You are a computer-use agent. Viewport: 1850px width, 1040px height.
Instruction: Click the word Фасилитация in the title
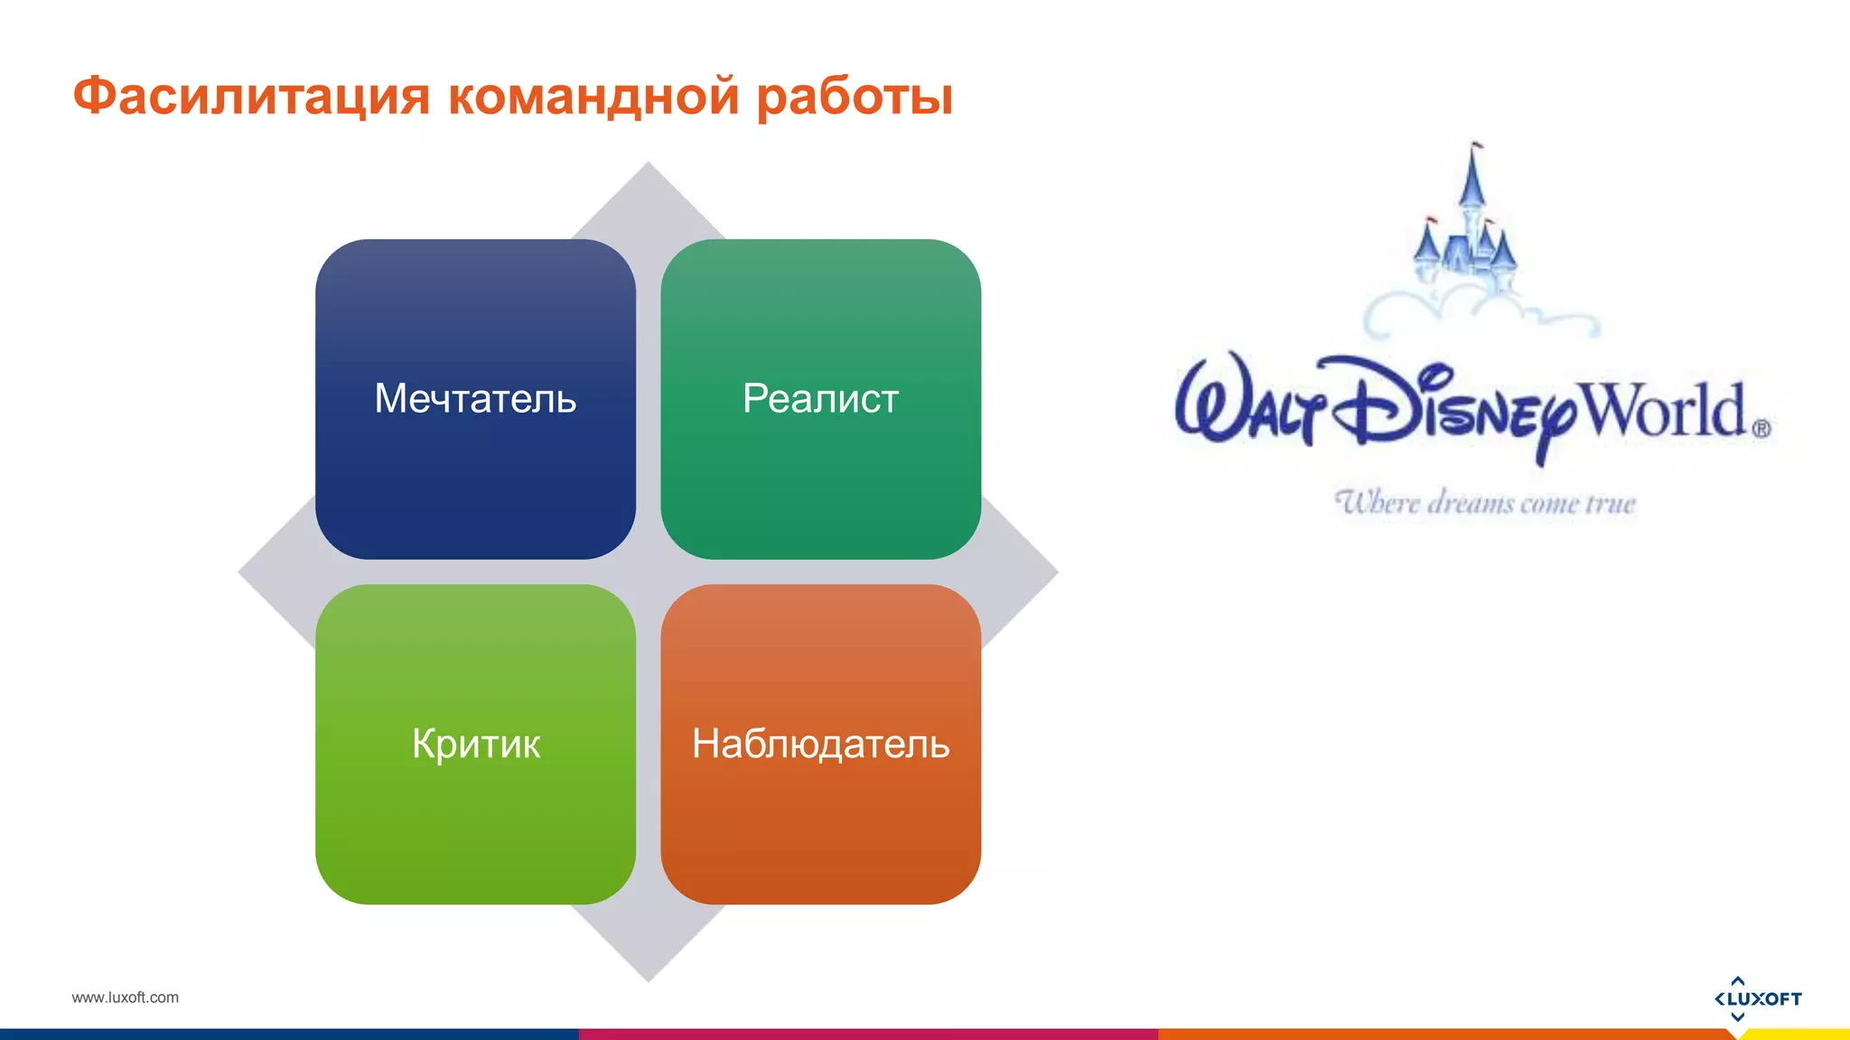click(x=250, y=96)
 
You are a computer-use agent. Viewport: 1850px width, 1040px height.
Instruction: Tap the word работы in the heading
click(x=854, y=97)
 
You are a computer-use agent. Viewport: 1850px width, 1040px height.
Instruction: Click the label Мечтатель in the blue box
click(x=475, y=398)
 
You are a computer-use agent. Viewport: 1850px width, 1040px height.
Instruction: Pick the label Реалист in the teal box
click(x=820, y=398)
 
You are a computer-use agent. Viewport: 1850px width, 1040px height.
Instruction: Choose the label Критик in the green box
click(x=475, y=744)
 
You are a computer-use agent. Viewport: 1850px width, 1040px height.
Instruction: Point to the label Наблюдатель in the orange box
click(x=820, y=744)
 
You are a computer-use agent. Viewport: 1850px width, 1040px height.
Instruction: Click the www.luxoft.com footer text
click(x=125, y=998)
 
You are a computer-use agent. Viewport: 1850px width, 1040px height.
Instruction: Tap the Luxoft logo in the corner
click(x=1757, y=998)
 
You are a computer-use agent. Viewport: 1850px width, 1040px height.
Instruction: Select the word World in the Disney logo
click(x=1665, y=411)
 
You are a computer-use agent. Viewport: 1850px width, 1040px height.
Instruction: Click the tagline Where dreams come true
click(x=1485, y=503)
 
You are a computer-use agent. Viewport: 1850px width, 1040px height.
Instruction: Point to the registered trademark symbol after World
click(x=1761, y=430)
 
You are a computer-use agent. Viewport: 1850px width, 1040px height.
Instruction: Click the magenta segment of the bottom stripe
click(x=867, y=1034)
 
